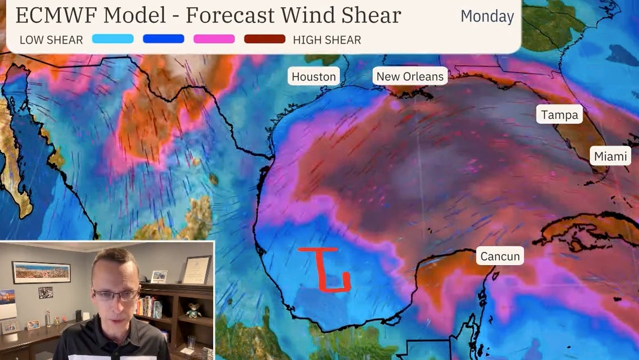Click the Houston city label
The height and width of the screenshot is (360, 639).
[x=314, y=76]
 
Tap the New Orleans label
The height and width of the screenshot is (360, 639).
[x=410, y=76]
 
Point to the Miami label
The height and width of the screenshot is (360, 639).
[x=611, y=156]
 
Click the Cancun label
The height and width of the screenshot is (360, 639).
[x=499, y=257]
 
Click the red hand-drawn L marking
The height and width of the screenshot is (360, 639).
[x=326, y=270]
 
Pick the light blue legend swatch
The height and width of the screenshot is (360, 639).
[x=113, y=39]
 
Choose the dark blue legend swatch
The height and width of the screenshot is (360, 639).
[x=164, y=39]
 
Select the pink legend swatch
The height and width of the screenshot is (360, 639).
[x=214, y=39]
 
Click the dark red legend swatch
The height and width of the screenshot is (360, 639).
[x=265, y=39]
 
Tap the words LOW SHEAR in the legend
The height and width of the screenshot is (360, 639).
[x=51, y=40]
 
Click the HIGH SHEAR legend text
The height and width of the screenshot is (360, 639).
[x=327, y=40]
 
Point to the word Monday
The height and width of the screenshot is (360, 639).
[x=487, y=16]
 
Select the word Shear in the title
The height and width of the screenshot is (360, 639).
[x=372, y=15]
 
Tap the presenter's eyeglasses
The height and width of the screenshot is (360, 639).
[x=116, y=294]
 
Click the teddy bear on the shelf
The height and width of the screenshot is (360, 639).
[x=194, y=310]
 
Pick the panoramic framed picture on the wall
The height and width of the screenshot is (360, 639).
[x=41, y=272]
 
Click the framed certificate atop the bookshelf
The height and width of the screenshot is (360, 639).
[x=196, y=270]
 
